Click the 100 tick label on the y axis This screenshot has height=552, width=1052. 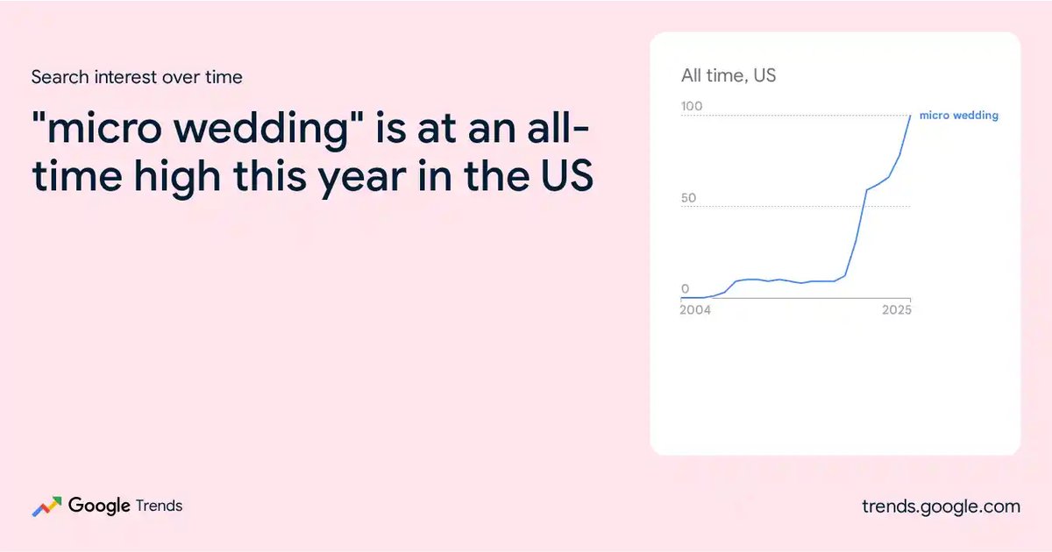coord(692,106)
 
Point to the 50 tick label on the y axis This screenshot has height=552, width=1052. coord(688,198)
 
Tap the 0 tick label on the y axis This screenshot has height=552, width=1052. coord(686,288)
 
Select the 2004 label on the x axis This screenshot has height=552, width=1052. coord(695,310)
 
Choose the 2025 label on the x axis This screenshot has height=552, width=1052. coord(897,310)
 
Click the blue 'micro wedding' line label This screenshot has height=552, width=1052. coord(958,116)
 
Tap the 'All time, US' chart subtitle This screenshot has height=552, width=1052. coord(729,75)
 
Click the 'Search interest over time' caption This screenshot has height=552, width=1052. coord(137,77)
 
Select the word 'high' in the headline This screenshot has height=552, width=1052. coord(177,177)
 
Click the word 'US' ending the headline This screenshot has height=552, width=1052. coord(567,175)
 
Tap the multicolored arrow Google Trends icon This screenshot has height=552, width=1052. coord(46,506)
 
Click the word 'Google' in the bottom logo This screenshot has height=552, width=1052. coord(99,506)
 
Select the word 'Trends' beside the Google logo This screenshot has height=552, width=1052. coord(159,506)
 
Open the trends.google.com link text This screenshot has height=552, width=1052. coord(942,507)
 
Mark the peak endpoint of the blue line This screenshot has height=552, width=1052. coord(910,116)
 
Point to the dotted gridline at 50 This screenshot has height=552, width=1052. coord(796,207)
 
